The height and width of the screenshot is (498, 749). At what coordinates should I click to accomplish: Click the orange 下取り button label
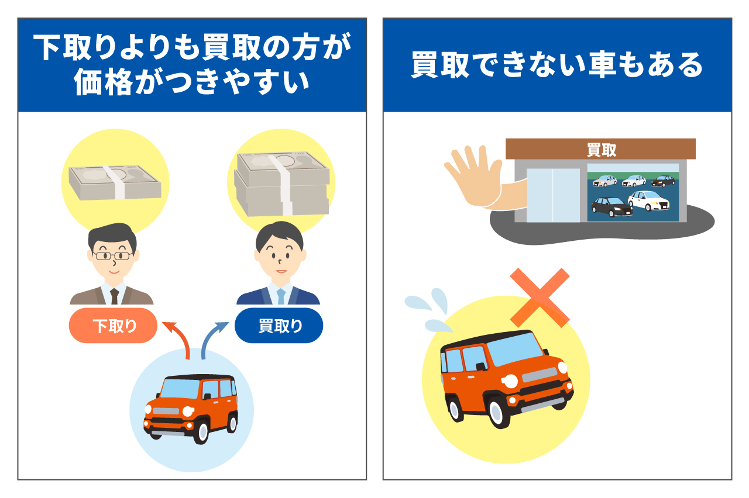click(113, 326)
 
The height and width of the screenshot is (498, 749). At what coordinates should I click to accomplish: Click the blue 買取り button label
click(279, 326)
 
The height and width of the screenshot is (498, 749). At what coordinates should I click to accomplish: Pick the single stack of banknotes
click(115, 182)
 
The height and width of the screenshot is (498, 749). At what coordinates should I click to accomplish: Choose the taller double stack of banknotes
click(281, 184)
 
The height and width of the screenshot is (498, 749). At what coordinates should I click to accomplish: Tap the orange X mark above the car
click(540, 297)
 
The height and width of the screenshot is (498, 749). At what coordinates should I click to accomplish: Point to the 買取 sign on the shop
click(601, 150)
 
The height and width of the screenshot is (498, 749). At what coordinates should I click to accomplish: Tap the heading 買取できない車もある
click(556, 65)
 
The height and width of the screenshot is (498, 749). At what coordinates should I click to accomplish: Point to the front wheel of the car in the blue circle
click(201, 431)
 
